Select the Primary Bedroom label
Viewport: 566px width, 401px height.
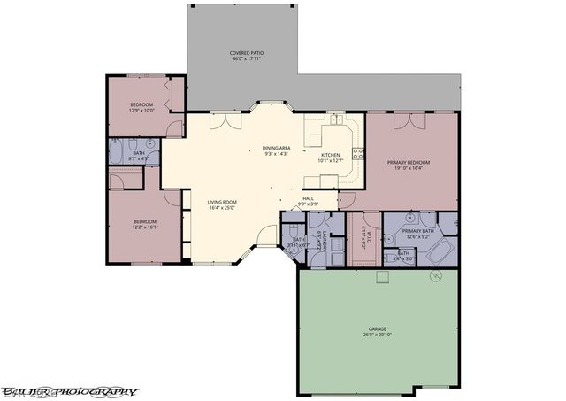(409, 163)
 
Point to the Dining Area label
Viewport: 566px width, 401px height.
(277, 148)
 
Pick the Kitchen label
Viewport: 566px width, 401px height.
(330, 156)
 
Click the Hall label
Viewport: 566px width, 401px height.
(309, 198)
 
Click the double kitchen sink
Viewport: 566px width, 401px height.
(337, 118)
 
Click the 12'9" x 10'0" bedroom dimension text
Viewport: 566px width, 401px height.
(142, 111)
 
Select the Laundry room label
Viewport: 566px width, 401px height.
(326, 242)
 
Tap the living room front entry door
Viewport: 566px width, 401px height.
(263, 237)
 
